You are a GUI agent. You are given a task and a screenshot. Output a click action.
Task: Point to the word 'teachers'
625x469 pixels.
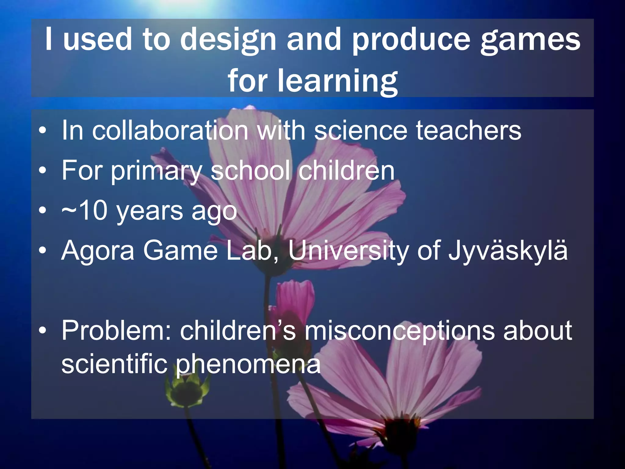point(469,131)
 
